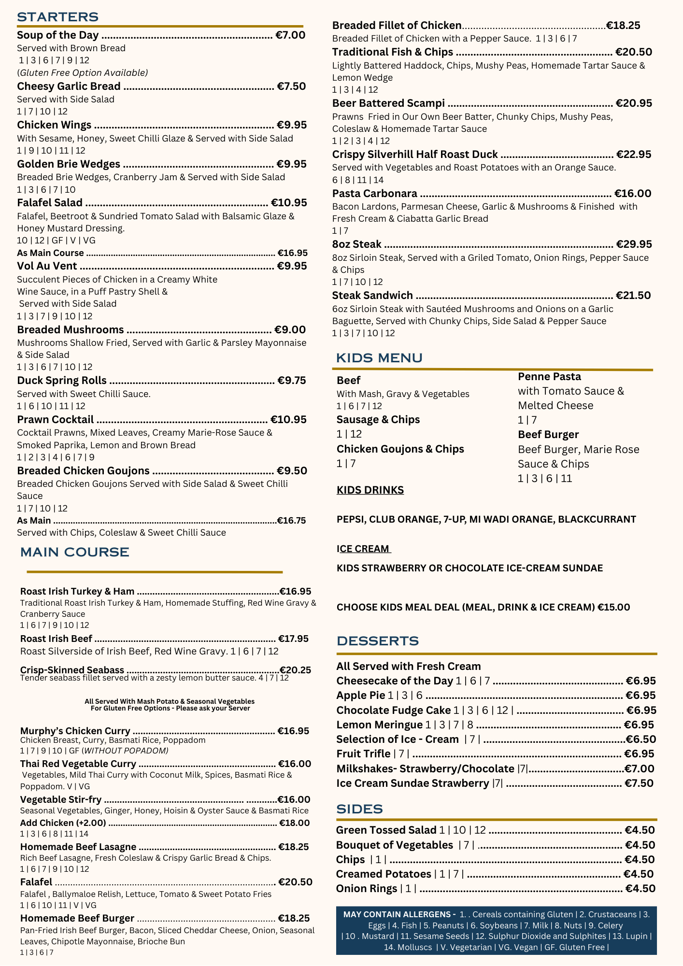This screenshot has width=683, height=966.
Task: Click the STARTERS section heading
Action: tap(57, 17)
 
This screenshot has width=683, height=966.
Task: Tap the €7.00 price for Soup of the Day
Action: tap(290, 35)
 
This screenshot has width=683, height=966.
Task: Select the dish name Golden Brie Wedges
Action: tap(69, 164)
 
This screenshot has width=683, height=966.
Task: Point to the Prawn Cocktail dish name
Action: tap(56, 419)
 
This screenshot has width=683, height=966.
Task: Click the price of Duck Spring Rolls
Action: tap(292, 380)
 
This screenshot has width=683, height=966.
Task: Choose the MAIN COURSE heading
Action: tap(74, 552)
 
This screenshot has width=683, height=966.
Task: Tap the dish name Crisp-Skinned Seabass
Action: tap(72, 670)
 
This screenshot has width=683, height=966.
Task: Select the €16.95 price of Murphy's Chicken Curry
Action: tap(293, 731)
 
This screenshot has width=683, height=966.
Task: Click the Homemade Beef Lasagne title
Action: tap(78, 847)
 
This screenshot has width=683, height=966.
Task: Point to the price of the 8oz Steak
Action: tap(634, 244)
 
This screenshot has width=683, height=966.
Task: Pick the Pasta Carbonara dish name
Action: tap(374, 194)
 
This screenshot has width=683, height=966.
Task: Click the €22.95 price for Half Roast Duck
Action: tap(634, 155)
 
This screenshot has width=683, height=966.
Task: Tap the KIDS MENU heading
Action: tap(379, 358)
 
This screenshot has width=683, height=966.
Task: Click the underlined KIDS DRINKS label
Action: tap(370, 490)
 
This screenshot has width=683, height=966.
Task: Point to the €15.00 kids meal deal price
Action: tap(613, 607)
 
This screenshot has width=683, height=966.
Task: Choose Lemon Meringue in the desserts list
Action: tap(380, 724)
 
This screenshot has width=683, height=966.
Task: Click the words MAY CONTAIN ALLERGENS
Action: tap(399, 914)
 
